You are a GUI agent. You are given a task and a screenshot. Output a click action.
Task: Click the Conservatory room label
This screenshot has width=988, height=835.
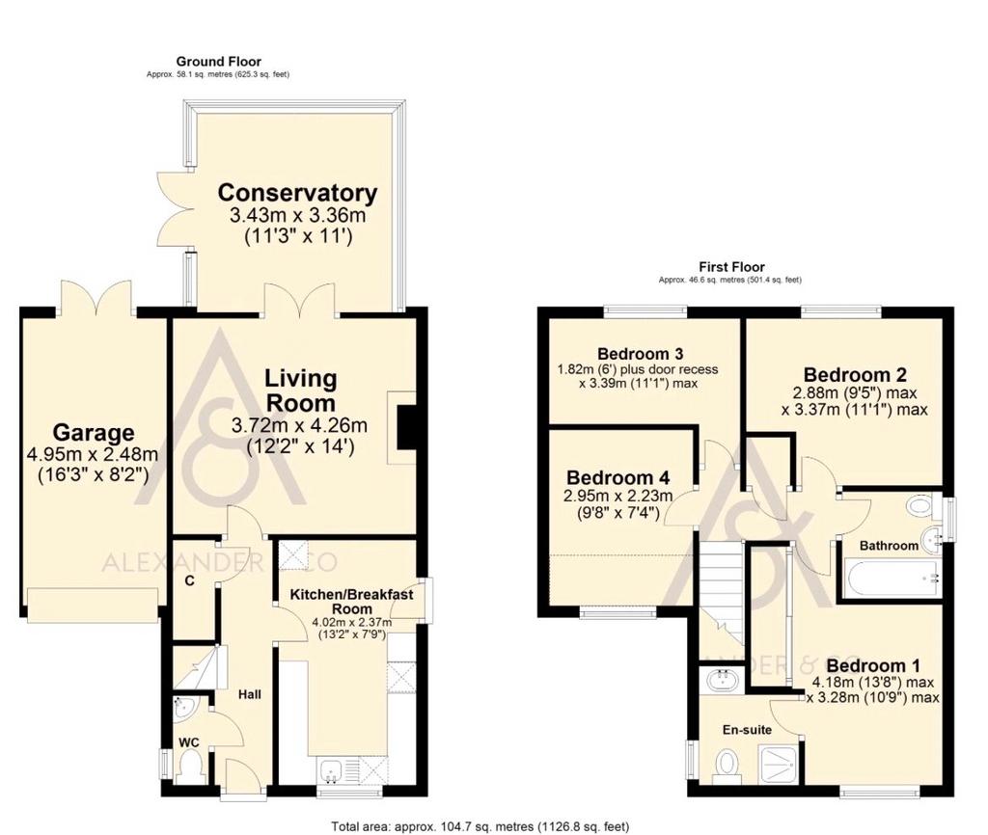[x=297, y=193]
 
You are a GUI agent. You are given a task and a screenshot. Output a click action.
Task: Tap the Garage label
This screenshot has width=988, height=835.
[x=94, y=433]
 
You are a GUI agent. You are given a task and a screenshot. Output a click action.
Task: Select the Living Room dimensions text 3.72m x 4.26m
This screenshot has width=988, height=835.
[x=299, y=425]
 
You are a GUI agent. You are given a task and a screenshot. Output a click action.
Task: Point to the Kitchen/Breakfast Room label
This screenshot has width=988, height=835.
[x=351, y=602]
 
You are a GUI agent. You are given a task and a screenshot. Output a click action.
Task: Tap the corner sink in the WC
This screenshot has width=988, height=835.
[x=186, y=707]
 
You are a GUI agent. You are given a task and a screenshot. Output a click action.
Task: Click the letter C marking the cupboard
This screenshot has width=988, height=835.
[x=188, y=581]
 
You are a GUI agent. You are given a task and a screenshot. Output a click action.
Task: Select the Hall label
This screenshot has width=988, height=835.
[x=250, y=694]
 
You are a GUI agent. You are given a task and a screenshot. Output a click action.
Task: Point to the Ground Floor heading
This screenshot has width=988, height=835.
[x=219, y=61]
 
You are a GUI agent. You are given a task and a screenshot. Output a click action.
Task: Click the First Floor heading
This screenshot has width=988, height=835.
[x=731, y=267]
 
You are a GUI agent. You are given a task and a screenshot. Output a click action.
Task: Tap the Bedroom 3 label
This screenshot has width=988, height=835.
[x=641, y=353]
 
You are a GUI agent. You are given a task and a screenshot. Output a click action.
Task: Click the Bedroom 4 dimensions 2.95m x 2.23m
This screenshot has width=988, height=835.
[x=618, y=496]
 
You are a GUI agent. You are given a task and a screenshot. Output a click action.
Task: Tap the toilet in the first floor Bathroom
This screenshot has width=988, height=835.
[x=920, y=505]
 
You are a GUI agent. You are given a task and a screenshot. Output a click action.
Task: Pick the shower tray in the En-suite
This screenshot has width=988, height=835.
[x=782, y=764]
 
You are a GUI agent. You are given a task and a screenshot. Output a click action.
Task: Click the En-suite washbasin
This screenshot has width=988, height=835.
[x=722, y=681]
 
